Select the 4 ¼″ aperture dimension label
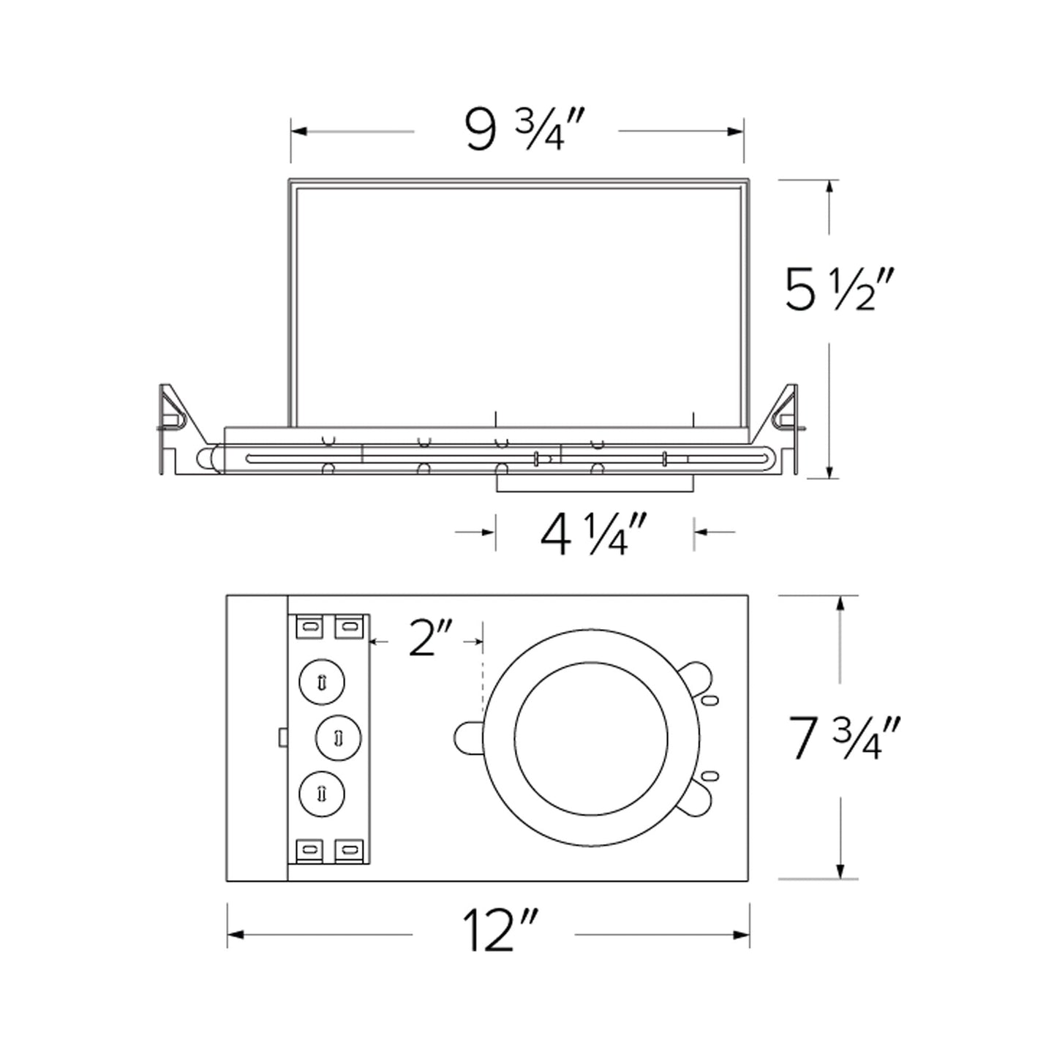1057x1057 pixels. click(x=594, y=534)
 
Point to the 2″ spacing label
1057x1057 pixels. click(x=431, y=638)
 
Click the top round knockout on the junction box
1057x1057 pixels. click(x=322, y=682)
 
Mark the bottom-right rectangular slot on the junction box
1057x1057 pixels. click(x=349, y=849)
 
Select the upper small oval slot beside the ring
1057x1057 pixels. click(x=708, y=700)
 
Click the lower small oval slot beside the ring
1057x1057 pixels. click(x=708, y=775)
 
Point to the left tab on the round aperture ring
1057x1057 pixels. click(x=468, y=737)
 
